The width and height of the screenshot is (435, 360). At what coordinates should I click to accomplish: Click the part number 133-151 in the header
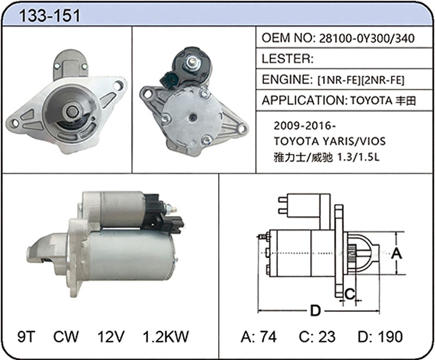(x=49, y=15)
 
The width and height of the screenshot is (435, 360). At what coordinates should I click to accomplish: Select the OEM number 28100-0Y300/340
(x=367, y=38)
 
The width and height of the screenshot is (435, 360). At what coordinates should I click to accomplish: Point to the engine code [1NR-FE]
(x=339, y=80)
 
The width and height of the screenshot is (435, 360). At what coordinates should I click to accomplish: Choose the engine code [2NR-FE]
(x=383, y=80)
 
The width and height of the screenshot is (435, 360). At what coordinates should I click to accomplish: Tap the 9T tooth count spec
(x=27, y=336)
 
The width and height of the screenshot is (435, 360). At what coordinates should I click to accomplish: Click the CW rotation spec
(x=66, y=336)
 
